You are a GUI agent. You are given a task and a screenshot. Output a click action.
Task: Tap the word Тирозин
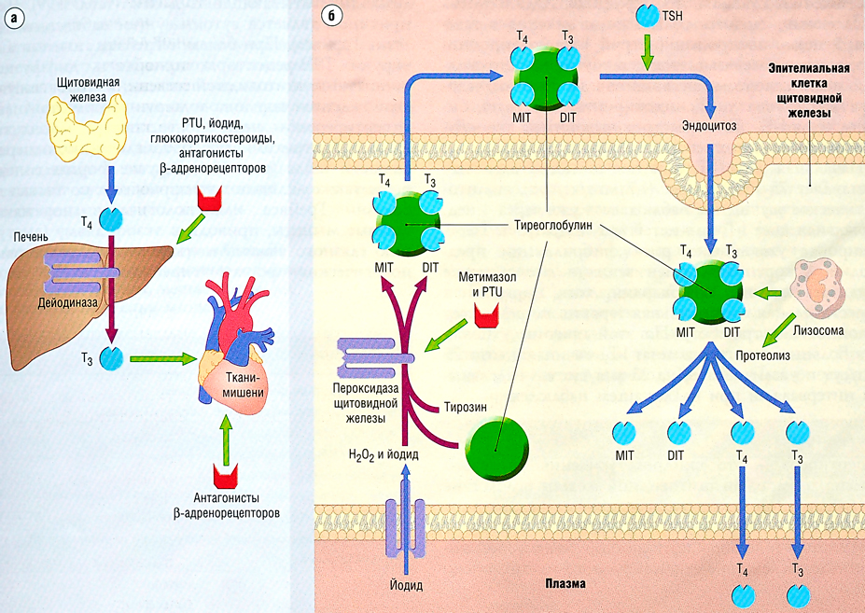pyautogui.click(x=464, y=407)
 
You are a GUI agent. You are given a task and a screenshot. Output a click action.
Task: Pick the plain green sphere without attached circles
pyautogui.click(x=495, y=446)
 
